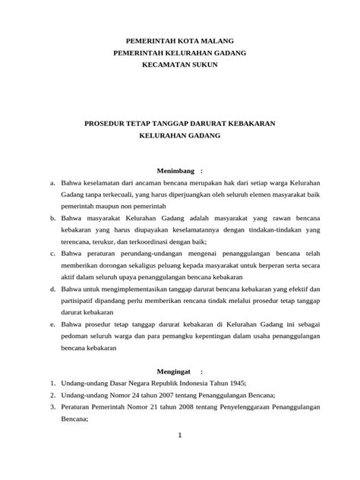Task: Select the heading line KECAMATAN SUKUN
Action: [x=179, y=66]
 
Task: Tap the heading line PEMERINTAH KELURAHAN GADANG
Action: [x=179, y=52]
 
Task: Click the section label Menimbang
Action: [x=175, y=170]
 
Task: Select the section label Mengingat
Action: [x=174, y=373]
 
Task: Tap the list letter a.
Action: [x=52, y=184]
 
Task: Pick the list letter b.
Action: [x=52, y=217]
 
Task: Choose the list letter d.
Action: [x=52, y=289]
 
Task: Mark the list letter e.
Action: [x=52, y=323]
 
